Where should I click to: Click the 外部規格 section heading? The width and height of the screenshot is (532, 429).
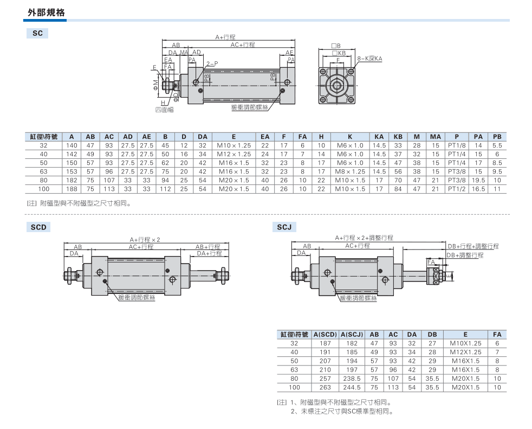coord(46,12)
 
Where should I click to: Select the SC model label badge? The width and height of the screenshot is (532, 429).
coord(37,34)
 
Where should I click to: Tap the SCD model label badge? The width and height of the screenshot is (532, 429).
coord(38,227)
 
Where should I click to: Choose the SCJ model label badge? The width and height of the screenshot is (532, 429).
coord(284,227)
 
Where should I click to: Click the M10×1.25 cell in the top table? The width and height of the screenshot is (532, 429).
coord(233,145)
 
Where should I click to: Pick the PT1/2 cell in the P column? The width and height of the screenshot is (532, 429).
coord(457,189)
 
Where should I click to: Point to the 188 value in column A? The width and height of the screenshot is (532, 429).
coord(72,189)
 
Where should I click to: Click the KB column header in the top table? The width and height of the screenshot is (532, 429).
coord(398,137)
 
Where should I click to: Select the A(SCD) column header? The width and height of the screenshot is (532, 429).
coord(325,335)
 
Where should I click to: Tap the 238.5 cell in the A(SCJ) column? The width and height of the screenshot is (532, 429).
coord(352,379)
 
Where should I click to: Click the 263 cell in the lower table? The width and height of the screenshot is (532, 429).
coord(325,387)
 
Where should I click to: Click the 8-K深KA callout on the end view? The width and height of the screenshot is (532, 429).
coord(370,58)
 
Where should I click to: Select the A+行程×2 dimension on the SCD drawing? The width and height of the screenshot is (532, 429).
coord(145,239)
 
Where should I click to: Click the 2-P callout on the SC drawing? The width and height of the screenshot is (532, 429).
coord(212,63)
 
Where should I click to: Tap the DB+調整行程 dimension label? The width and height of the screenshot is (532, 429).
coord(465,255)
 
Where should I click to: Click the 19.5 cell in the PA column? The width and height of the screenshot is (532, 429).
coord(478,180)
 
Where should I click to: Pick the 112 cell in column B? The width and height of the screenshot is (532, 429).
coord(165,189)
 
